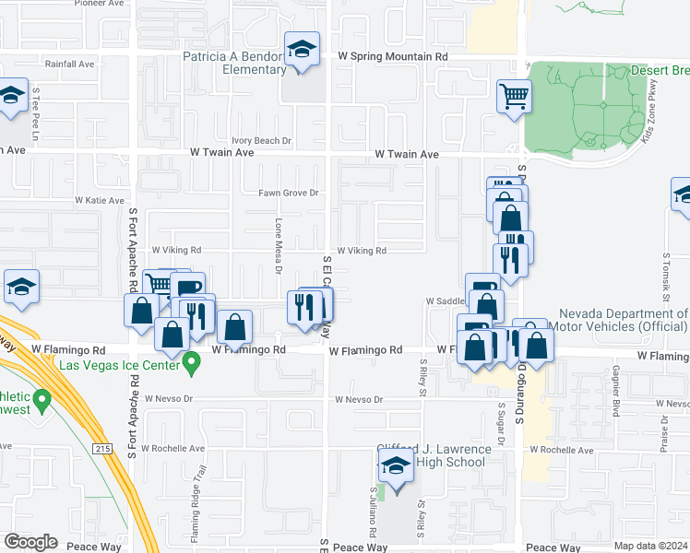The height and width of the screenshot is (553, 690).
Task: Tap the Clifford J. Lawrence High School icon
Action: point(396,466)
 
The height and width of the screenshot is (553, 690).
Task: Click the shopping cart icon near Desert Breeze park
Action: point(514,96)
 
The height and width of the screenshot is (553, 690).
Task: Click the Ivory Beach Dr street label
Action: point(261,141)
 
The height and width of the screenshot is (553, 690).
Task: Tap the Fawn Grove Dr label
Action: point(288,193)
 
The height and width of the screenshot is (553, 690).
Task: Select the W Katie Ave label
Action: point(100,200)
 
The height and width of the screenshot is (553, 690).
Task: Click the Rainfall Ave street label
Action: point(70,65)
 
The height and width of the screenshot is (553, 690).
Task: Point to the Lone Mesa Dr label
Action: point(278,245)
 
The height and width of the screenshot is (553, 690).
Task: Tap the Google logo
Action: point(30,542)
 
